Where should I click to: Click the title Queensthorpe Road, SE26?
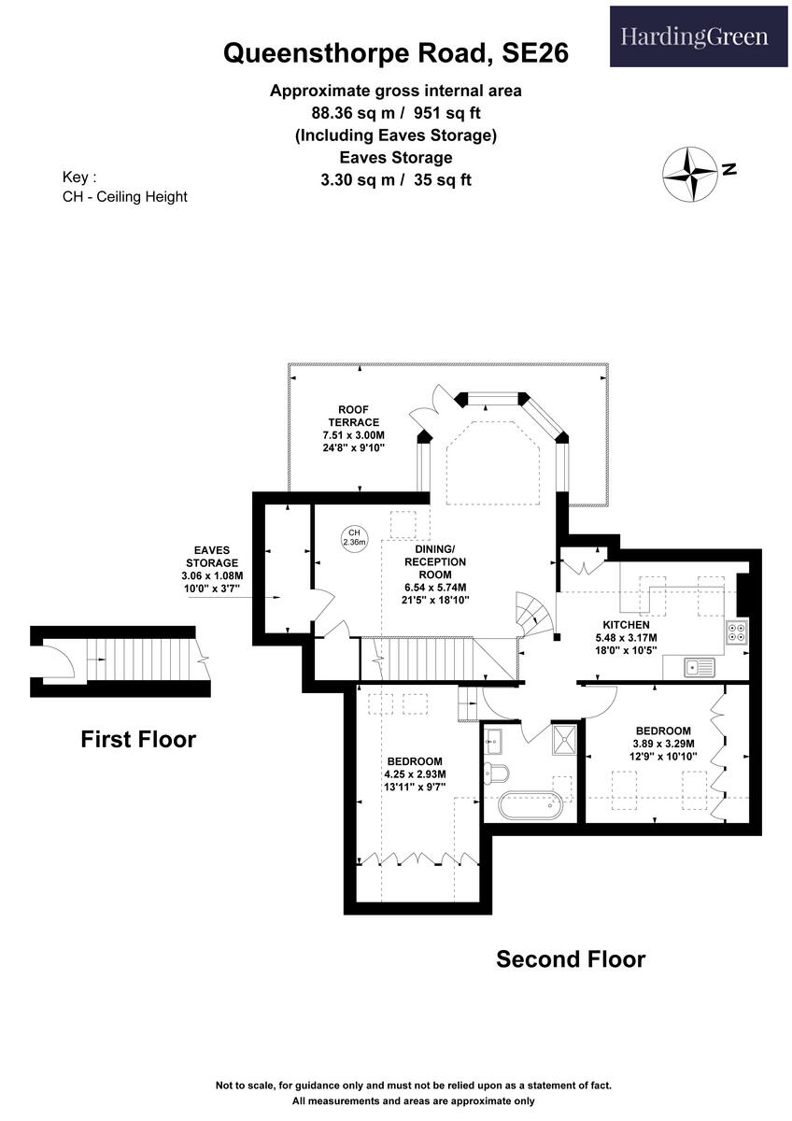[395, 53]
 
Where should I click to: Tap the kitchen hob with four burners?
[737, 633]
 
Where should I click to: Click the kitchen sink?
[699, 666]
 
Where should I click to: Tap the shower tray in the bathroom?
[563, 737]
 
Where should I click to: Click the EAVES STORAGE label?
[212, 563]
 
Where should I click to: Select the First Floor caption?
[138, 740]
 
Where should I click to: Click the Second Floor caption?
[570, 958]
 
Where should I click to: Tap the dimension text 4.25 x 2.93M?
[415, 774]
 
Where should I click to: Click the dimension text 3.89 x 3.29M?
[662, 744]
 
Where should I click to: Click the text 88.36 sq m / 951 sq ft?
[395, 113]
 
